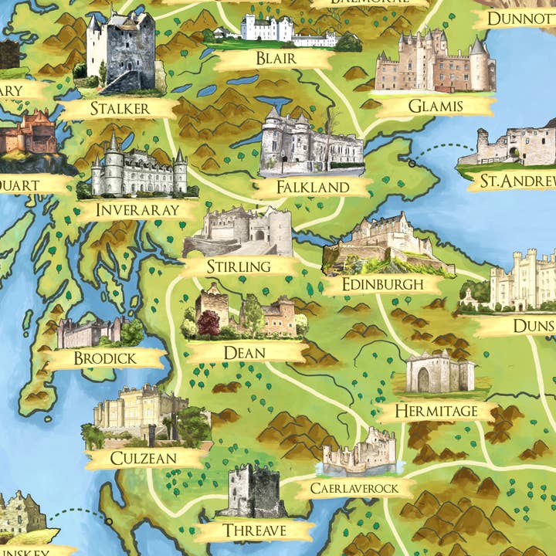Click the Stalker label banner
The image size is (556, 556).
(120, 108)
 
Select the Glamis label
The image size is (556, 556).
(436, 107)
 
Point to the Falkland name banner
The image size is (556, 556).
(313, 187)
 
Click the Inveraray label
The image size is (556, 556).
(138, 210)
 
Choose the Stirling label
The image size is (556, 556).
(239, 266)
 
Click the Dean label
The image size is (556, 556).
(244, 353)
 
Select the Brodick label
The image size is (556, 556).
(105, 358)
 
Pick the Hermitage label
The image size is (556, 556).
(436, 411)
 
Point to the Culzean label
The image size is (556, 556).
(144, 458)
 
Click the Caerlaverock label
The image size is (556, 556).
(354, 488)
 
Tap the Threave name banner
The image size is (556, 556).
(255, 531)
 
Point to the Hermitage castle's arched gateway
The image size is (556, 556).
(424, 378)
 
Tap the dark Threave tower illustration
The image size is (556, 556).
(251, 492)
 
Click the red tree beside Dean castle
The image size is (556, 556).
(208, 323)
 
